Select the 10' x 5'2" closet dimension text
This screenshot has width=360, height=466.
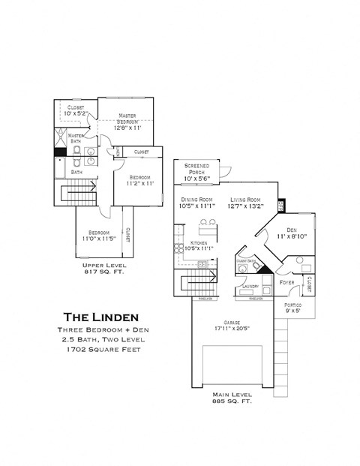click(x=76, y=113)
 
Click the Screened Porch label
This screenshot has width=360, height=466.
click(x=196, y=168)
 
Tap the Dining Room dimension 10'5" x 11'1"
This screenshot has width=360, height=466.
click(x=198, y=206)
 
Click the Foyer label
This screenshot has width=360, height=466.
click(x=287, y=282)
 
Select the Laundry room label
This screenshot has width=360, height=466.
click(x=250, y=287)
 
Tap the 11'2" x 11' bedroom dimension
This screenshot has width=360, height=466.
click(x=139, y=183)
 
